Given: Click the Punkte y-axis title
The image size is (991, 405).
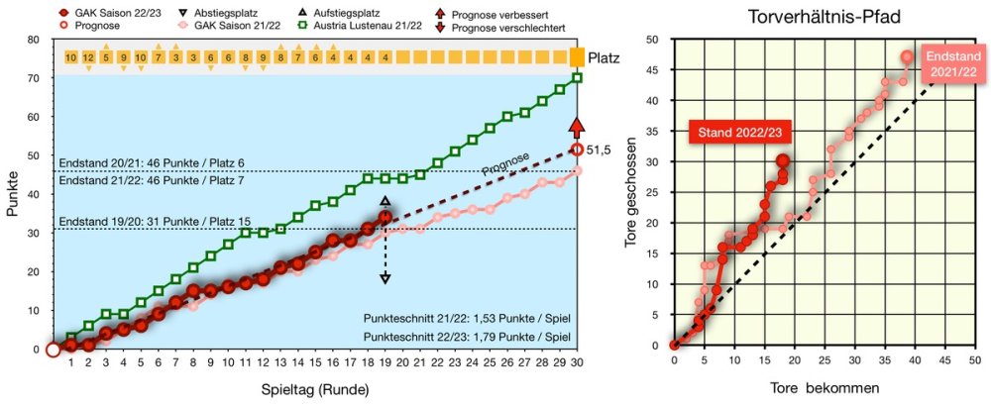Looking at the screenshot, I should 12,194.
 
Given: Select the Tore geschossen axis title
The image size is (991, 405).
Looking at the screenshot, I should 643,192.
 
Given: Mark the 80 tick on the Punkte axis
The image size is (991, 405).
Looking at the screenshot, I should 34,40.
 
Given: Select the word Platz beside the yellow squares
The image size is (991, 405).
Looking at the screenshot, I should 605,57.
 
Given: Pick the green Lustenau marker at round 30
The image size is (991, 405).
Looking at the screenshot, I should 577,77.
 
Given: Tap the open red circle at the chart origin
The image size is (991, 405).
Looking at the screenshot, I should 53,350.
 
